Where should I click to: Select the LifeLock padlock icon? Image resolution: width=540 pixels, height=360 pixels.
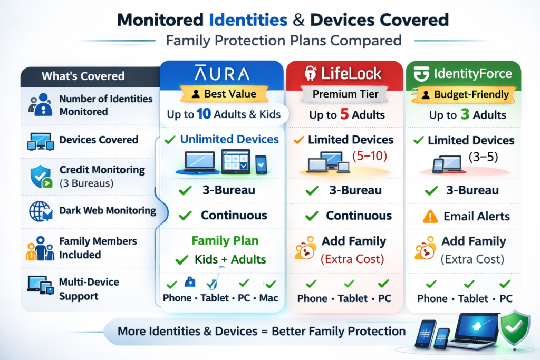310,73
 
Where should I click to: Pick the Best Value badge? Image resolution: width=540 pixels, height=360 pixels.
224,94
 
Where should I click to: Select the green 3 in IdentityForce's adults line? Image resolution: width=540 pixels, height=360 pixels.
465,115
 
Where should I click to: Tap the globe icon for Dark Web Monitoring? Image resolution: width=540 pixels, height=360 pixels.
40,211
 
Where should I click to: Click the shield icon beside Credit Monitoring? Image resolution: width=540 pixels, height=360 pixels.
40,176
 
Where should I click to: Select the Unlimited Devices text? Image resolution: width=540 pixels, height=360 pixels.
229,140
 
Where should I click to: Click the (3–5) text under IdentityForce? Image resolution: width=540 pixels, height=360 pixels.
484,157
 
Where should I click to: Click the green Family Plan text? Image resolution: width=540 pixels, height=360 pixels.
225,241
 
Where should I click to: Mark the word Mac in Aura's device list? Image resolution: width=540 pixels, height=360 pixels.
268,298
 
